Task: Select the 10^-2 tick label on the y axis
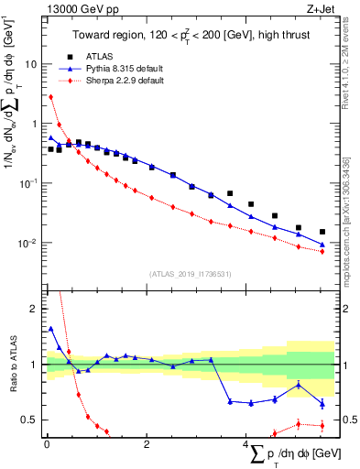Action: pos(30,243)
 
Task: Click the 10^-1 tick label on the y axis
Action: pos(30,183)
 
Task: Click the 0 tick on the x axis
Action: pos(47,444)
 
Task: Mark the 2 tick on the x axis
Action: pos(147,444)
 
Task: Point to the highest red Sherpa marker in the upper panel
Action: pos(50,96)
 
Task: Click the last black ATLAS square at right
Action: pos(322,232)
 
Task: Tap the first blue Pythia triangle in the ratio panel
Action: pos(50,328)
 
